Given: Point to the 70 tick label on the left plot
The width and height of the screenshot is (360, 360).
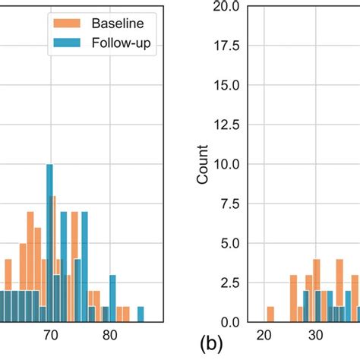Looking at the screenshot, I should (50, 335).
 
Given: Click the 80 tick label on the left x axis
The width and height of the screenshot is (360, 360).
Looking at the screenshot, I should (109, 335).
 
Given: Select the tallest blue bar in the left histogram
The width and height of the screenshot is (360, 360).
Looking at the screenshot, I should (50, 243).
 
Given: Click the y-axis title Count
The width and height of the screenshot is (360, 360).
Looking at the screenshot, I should (203, 165).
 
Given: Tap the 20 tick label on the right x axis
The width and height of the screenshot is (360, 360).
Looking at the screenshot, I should (264, 335).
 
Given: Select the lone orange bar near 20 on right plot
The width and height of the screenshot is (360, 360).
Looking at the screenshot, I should (270, 314).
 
